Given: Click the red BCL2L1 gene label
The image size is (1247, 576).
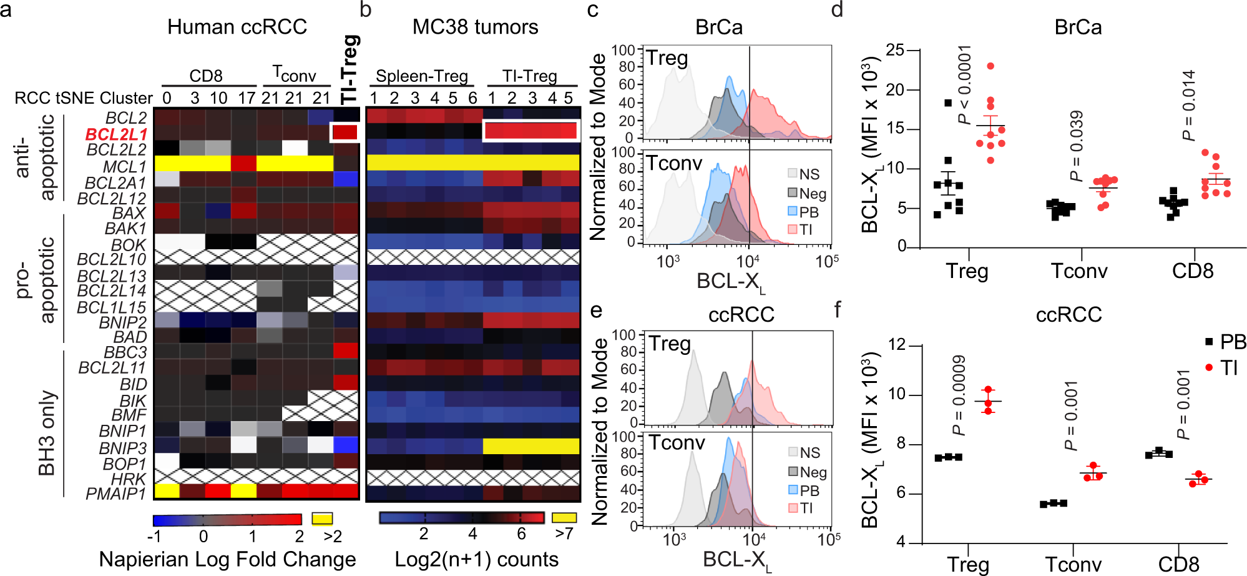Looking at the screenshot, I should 116,134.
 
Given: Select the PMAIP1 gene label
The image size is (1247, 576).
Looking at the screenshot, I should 116,494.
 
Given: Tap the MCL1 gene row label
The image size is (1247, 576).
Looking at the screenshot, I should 125,167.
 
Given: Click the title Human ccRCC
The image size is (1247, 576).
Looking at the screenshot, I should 237,27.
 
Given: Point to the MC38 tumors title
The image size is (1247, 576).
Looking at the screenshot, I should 475,27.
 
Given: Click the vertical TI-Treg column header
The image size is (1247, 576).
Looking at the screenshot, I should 350,69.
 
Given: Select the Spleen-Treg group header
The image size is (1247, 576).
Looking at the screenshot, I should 422,76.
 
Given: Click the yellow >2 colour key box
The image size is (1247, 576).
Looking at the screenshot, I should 322,519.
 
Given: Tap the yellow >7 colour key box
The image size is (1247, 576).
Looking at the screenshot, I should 564,517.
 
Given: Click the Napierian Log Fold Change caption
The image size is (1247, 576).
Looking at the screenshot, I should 227,559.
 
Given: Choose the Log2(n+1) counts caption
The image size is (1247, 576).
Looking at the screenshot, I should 476,559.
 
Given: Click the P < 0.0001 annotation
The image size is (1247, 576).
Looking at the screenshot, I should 965,85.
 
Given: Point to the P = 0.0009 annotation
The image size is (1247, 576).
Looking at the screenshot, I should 959,395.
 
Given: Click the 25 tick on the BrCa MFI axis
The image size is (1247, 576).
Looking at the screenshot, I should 895,50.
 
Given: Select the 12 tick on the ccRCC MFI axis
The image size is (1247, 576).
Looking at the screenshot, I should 896,345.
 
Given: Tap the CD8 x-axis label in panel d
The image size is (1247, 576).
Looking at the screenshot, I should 1192,271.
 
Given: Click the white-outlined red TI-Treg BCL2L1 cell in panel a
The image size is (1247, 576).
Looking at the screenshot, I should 345,132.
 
